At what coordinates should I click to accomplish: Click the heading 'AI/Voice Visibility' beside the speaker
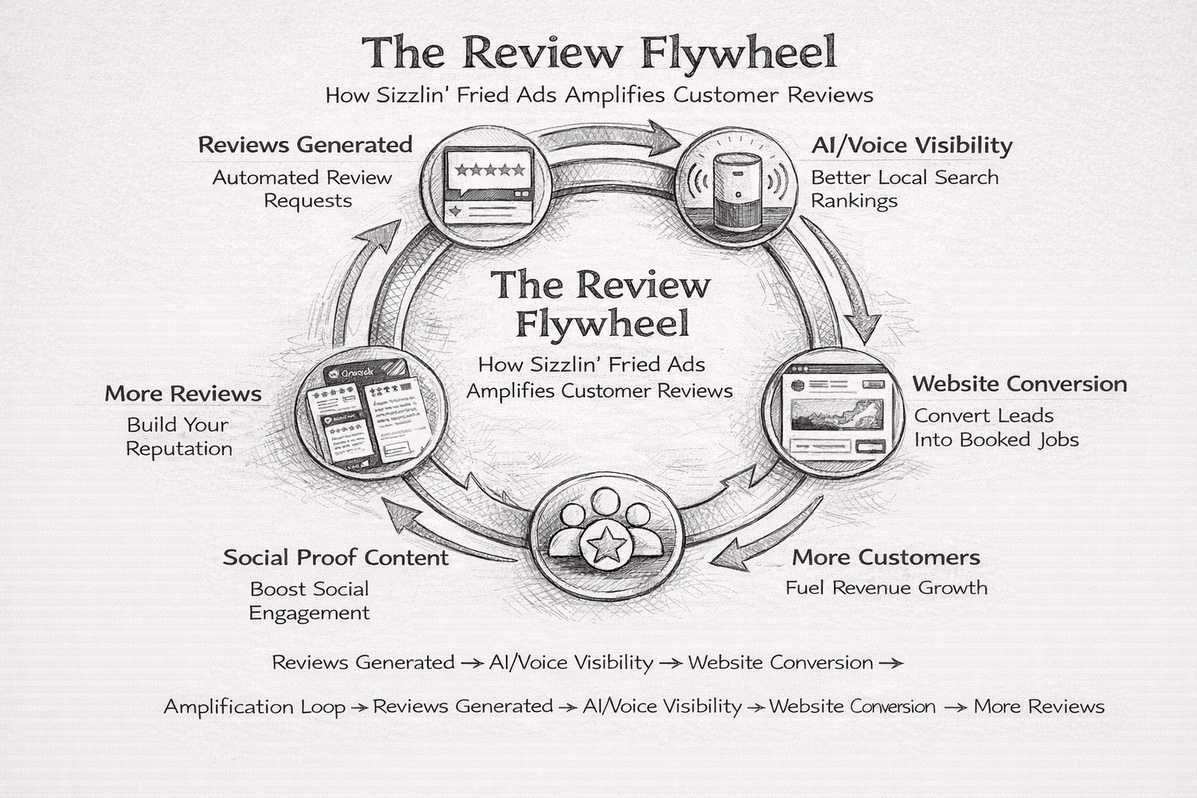911,146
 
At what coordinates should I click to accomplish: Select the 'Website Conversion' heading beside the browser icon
1019,383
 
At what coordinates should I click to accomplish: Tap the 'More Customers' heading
886,557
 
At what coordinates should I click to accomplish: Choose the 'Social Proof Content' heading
335,557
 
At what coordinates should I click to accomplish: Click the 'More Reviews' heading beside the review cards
183,394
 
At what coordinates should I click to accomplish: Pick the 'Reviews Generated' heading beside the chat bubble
305,145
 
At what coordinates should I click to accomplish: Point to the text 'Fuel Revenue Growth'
886,588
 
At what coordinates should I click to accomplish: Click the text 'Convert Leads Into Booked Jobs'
995,428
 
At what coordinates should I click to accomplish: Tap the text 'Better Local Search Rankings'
904,189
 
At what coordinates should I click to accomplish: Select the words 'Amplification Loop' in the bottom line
254,707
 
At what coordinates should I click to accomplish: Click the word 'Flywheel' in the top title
740,53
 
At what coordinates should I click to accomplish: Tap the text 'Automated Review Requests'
302,189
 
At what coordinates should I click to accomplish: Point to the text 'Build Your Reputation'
178,436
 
